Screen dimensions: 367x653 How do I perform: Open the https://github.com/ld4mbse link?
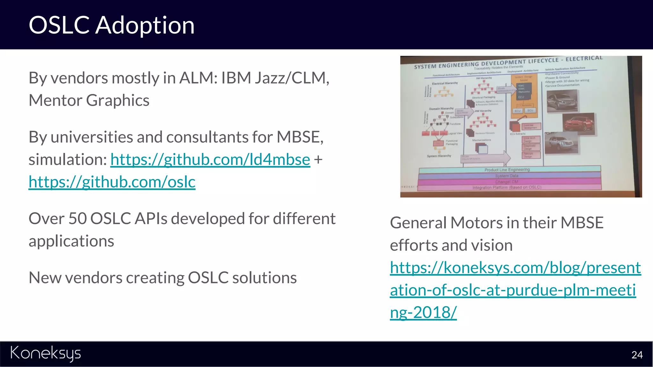pos(210,159)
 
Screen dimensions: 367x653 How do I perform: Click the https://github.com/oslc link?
pos(112,182)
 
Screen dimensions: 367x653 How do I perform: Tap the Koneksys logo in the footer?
pos(46,354)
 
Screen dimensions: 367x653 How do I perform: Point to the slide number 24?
pos(637,355)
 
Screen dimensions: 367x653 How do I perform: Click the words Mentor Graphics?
pos(89,100)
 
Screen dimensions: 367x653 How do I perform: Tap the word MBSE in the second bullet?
pos(299,137)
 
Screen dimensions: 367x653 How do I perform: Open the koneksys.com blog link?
pos(515,290)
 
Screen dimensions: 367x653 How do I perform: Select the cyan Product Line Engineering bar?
pos(509,169)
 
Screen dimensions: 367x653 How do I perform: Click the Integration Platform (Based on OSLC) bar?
pos(509,188)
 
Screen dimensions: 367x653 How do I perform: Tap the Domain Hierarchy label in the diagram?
pos(441,109)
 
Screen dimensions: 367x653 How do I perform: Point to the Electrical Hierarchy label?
pos(444,83)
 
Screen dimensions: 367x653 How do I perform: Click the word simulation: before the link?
pos(68,159)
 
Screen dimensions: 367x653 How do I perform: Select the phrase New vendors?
pos(75,277)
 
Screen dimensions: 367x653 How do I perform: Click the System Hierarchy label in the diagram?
pos(439,156)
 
